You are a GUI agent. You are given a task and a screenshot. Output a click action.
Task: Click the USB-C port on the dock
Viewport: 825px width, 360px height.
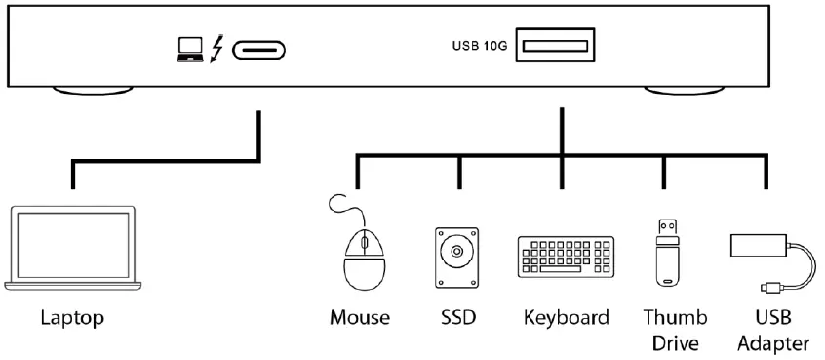point(260,48)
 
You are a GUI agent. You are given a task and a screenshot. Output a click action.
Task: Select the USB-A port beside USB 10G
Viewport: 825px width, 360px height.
point(556,45)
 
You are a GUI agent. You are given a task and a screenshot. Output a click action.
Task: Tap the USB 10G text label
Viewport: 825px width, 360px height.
point(479,45)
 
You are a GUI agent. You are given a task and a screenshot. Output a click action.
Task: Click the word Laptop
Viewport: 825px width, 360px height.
point(72,318)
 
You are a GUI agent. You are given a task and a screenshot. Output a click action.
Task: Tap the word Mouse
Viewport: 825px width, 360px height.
point(360,318)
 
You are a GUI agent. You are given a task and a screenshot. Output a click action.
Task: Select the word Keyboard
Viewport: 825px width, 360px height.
point(566,318)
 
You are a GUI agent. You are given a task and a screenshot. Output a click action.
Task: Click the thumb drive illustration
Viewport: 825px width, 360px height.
point(667,251)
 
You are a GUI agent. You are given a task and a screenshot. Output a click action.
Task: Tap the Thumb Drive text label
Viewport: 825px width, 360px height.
point(675,330)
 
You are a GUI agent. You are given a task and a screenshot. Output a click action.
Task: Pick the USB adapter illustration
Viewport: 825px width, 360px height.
point(770,258)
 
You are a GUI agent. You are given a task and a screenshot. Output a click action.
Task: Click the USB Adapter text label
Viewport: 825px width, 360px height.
point(772,330)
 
